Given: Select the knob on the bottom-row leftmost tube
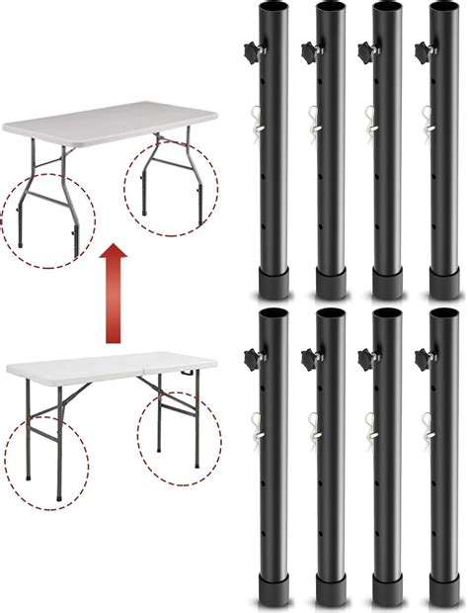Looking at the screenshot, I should (x=248, y=353).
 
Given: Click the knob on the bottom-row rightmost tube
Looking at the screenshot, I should (x=423, y=353).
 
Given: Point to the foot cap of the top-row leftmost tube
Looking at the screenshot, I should (x=273, y=285).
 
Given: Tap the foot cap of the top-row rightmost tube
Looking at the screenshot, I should (x=447, y=285).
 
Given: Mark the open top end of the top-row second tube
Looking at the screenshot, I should (x=331, y=7).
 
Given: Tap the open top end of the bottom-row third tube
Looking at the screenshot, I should (x=388, y=313).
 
